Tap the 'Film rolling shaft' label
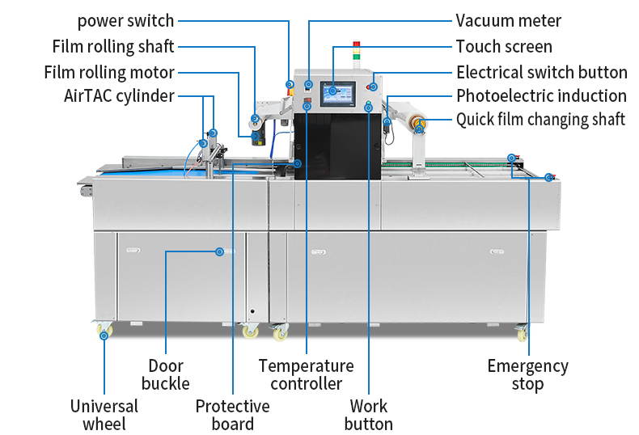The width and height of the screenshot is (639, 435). [113, 46]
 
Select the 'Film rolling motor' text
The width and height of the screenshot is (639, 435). [109, 72]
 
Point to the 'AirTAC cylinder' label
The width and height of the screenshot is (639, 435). [119, 96]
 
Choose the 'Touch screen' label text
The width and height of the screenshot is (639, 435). [504, 46]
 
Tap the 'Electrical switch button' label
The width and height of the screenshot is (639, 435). [541, 72]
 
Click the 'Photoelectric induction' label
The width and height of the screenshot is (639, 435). [541, 96]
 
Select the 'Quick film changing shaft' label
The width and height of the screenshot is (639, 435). [540, 120]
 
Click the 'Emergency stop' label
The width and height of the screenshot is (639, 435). [527, 374]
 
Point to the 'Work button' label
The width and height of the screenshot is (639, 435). [369, 415]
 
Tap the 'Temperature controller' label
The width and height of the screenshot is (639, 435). [306, 374]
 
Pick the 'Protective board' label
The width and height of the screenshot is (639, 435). [232, 415]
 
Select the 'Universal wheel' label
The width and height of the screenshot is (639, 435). [104, 415]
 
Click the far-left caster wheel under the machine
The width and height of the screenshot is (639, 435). [104, 331]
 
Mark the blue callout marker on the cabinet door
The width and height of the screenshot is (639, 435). [219, 251]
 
